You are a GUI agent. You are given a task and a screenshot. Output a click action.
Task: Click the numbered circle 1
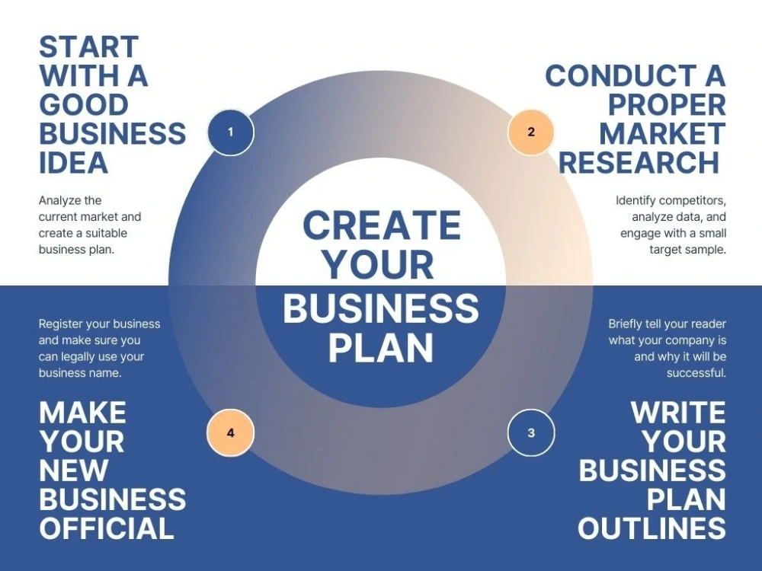pos(231,132)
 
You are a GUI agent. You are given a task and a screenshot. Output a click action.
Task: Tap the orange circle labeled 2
pos(530,132)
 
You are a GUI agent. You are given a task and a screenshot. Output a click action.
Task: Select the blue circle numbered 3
pos(530,432)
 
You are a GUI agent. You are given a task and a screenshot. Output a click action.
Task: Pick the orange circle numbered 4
pos(231,432)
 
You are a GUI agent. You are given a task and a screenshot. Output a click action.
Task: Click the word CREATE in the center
pos(382,225)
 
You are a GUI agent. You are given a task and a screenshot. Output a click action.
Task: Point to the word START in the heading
pos(89,47)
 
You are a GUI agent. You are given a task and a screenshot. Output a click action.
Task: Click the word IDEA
pos(73,163)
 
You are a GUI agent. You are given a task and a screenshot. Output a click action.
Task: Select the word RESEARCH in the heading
pos(639,163)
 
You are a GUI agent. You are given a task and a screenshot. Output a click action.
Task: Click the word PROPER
pos(667,105)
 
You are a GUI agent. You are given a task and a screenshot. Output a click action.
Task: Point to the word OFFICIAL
pos(107,528)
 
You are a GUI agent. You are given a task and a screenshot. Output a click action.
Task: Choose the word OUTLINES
pos(652,528)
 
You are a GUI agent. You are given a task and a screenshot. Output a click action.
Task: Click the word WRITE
pos(678,413)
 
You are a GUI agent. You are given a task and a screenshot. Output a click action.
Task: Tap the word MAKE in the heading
pos(82,413)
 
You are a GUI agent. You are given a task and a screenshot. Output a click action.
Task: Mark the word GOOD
pos(84,105)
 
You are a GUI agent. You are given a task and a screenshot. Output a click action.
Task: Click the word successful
pos(696,373)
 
